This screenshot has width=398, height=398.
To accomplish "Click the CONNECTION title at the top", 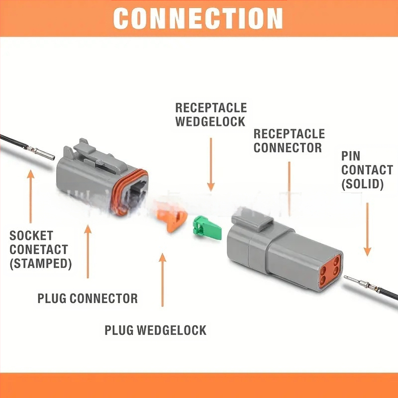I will pos(198,18).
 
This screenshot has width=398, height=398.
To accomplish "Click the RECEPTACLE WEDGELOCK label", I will pos(211,114).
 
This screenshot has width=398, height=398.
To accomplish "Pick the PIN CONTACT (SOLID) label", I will pos(367,170).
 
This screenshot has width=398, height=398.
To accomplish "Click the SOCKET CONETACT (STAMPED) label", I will pos(40,249).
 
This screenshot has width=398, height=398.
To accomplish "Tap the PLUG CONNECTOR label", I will pos(88,298).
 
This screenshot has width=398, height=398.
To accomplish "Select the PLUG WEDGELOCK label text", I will pos(155,330).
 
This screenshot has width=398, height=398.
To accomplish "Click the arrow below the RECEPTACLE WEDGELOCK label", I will pos(211,164).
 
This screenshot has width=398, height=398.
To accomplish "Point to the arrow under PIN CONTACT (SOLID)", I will pos(368,229).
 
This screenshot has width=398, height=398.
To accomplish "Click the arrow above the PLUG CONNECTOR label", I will pos(88,251).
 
